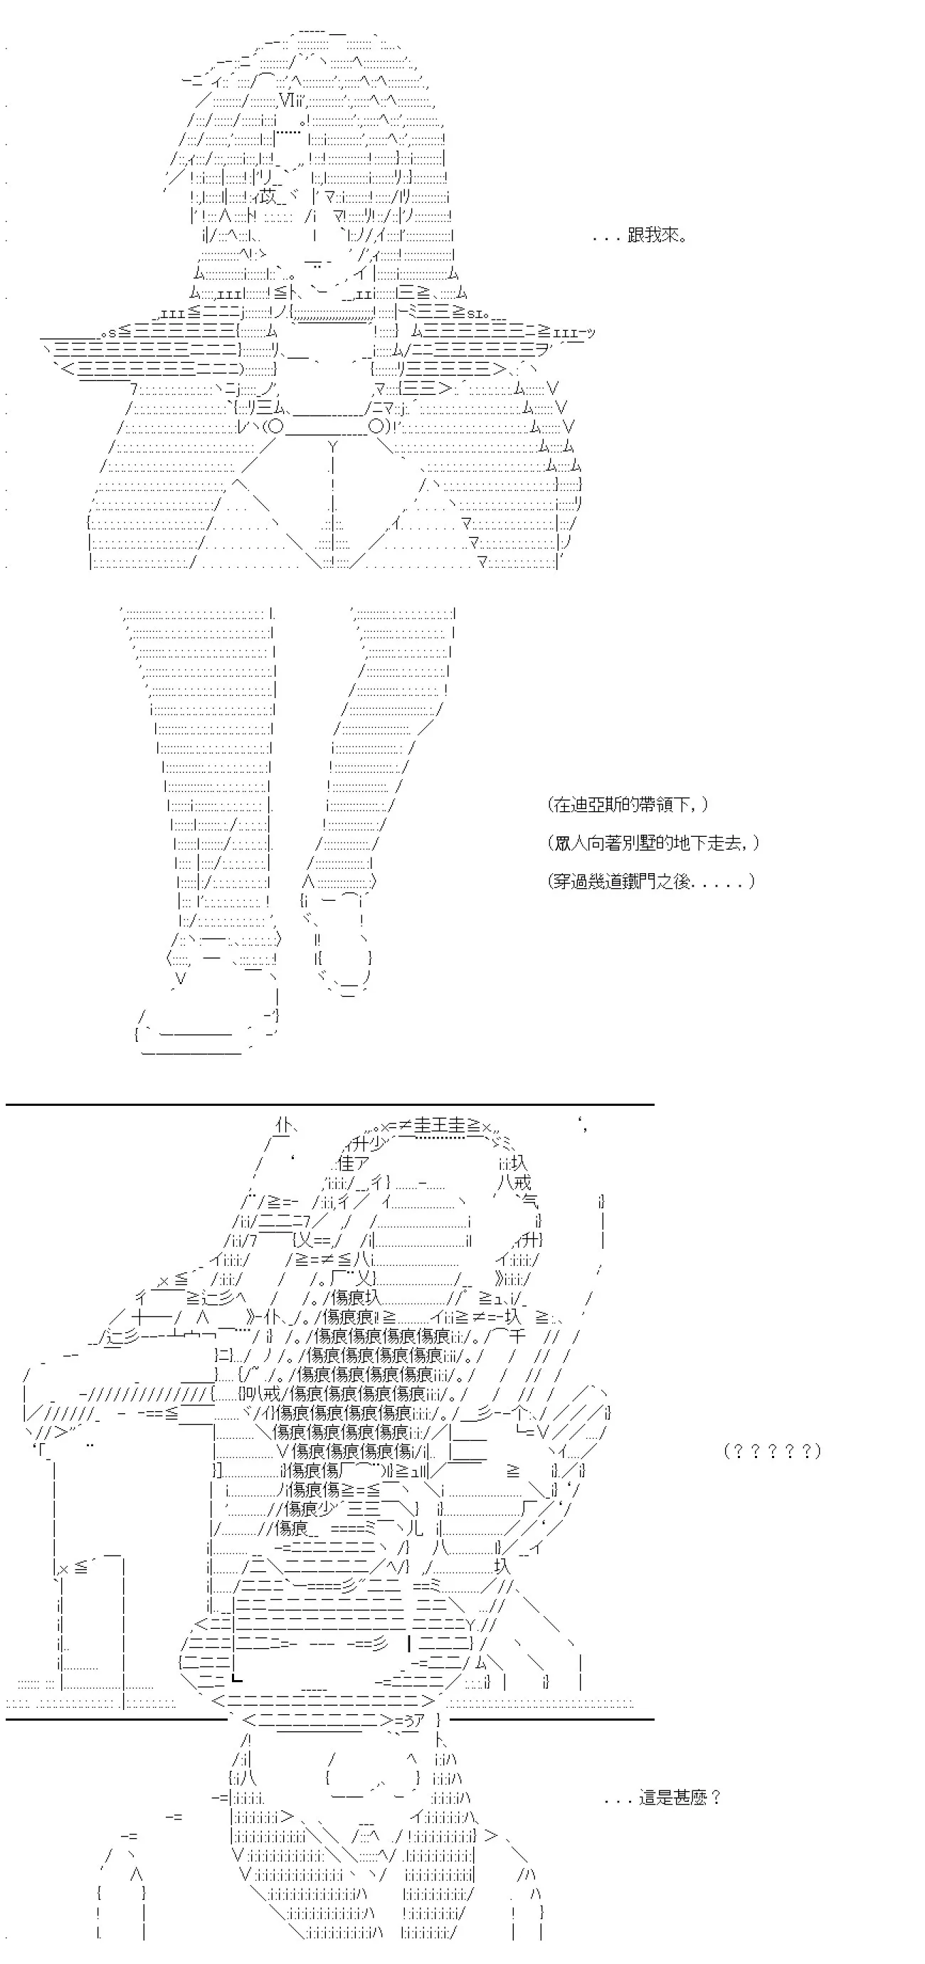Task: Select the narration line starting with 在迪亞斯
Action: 627,804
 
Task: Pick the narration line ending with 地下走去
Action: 652,843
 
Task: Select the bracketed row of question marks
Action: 772,1451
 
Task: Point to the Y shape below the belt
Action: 332,447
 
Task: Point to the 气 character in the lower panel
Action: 529,1203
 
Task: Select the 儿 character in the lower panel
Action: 413,1527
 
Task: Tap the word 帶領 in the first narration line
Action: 661,804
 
